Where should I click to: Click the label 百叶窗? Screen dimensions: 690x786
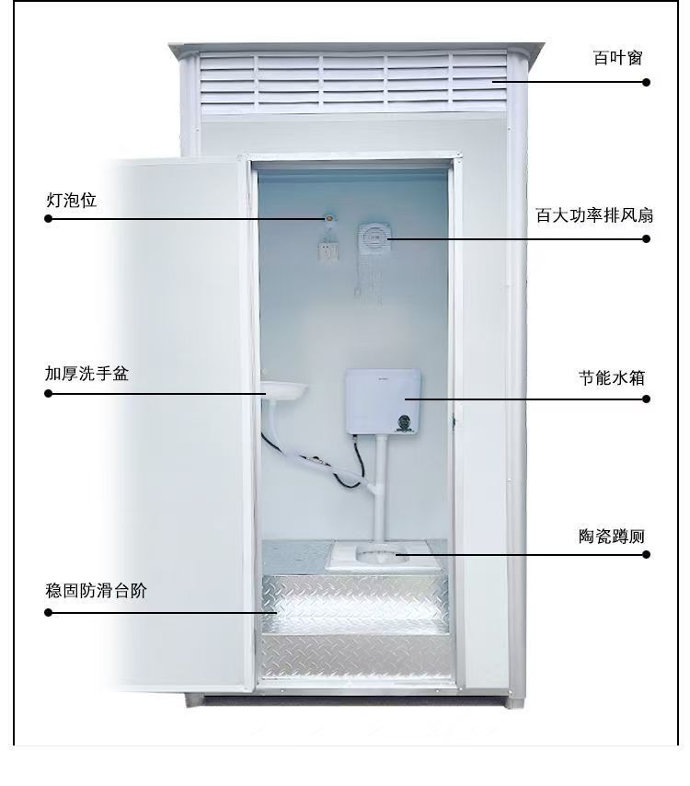click(617, 58)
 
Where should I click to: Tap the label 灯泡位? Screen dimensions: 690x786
click(71, 200)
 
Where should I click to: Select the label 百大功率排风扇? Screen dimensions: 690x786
click(594, 215)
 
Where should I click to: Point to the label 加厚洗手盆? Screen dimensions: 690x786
click(86, 374)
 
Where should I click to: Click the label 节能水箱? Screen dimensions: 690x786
click(611, 377)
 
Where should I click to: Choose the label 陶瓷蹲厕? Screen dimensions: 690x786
click(611, 536)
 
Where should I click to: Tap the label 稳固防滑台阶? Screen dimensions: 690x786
click(96, 590)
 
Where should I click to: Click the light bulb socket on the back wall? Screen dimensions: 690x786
click(329, 218)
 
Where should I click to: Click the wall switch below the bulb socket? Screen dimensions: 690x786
click(328, 250)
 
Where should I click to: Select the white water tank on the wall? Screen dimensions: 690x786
click(383, 401)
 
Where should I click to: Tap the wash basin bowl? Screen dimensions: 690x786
click(283, 389)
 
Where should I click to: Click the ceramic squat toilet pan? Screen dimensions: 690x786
click(382, 554)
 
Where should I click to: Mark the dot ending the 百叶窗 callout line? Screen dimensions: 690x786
click(647, 82)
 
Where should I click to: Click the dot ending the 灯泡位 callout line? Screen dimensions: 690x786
click(48, 218)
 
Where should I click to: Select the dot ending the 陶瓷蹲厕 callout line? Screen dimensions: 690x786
click(647, 554)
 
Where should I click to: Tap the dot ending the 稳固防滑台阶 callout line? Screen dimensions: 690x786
click(48, 612)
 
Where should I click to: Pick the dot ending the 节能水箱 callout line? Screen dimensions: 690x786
click(647, 399)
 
